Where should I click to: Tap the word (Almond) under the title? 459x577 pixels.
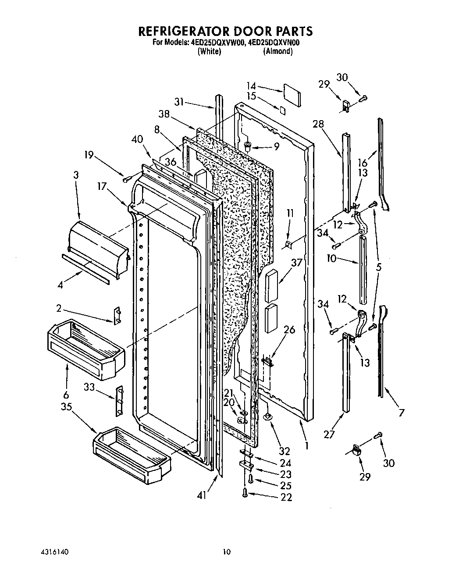point(278,51)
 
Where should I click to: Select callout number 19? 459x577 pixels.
point(89,155)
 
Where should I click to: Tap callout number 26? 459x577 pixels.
point(289,330)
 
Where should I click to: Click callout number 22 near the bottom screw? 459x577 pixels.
point(286,497)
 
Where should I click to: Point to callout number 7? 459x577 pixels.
point(401,412)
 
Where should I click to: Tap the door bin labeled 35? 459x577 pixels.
point(132,452)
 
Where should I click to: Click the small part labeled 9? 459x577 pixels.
point(248,146)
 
